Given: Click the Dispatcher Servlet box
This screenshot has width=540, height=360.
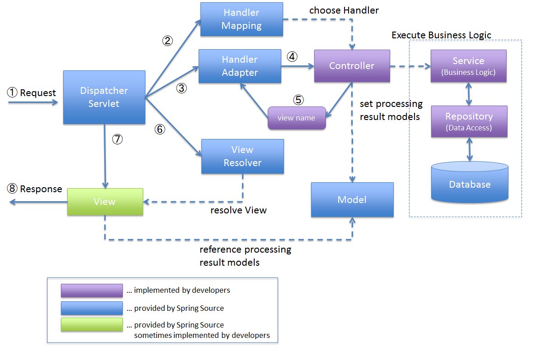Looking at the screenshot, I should coord(104,97).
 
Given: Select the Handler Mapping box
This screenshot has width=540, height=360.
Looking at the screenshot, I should coord(242,20).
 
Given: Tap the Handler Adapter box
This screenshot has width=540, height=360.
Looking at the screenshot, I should coord(240,66).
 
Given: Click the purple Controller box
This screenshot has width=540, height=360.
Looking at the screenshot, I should coord(352,66).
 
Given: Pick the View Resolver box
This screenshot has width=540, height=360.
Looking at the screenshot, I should coord(242,156).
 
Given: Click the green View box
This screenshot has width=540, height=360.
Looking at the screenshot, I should coord(105,201).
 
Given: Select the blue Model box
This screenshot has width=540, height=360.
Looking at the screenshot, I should coord(352,199).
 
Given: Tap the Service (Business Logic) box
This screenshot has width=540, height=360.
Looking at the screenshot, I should coord(468,65).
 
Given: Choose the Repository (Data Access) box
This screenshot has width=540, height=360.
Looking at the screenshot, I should coord(469,121).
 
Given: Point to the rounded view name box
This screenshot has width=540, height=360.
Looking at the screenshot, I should coord(297,118).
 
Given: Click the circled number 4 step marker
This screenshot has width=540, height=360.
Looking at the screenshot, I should coord(293,57).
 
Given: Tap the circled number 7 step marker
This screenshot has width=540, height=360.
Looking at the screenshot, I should coord(117,140).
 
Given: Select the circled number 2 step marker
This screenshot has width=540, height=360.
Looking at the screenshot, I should coord(168,41).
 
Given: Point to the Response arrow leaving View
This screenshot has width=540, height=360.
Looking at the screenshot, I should coord(36,203).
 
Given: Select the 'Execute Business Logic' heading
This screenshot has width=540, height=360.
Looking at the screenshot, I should coord(441,35).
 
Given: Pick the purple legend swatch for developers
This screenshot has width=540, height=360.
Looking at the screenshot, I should coord(92,291).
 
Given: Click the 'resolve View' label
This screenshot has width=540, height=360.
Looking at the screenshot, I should coord(238,210).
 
